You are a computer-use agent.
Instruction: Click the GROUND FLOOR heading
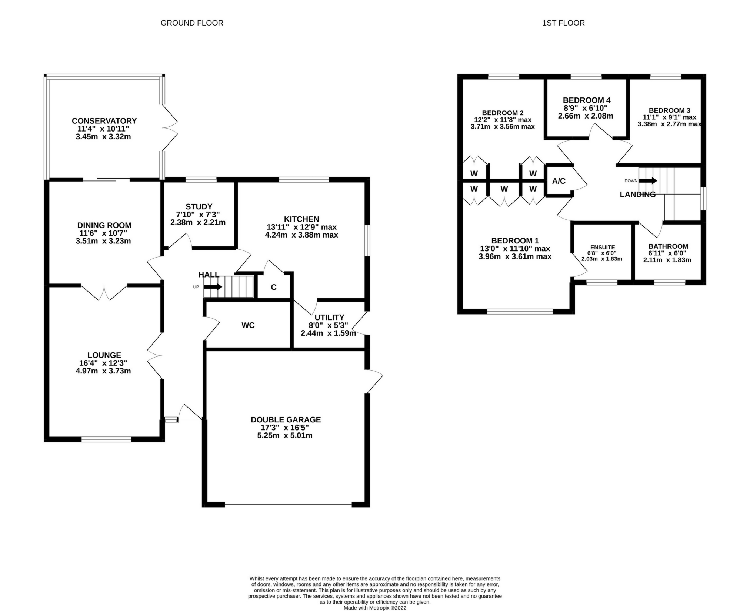click(x=192, y=23)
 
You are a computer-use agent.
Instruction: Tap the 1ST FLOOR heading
click(x=563, y=23)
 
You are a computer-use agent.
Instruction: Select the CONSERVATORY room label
click(x=104, y=121)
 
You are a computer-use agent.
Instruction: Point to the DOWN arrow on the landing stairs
click(x=648, y=181)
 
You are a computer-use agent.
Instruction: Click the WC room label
click(x=248, y=325)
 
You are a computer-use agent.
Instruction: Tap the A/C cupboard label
click(x=559, y=181)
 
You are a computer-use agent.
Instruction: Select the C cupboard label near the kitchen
click(x=274, y=287)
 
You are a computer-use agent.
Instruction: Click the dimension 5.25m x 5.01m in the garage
click(x=285, y=435)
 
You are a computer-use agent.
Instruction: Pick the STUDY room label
click(x=199, y=207)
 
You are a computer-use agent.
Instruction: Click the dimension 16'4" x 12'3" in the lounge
click(x=103, y=363)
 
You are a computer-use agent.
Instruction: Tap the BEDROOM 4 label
click(x=586, y=100)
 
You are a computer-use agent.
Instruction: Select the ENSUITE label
click(x=602, y=247)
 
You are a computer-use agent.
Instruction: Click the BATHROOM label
click(x=668, y=246)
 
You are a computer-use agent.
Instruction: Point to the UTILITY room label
click(x=329, y=318)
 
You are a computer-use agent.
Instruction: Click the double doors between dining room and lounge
click(x=104, y=293)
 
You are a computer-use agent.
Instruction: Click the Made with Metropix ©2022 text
click(x=375, y=608)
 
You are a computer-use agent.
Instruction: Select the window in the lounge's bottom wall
click(x=106, y=439)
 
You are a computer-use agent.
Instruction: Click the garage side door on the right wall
click(x=374, y=381)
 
